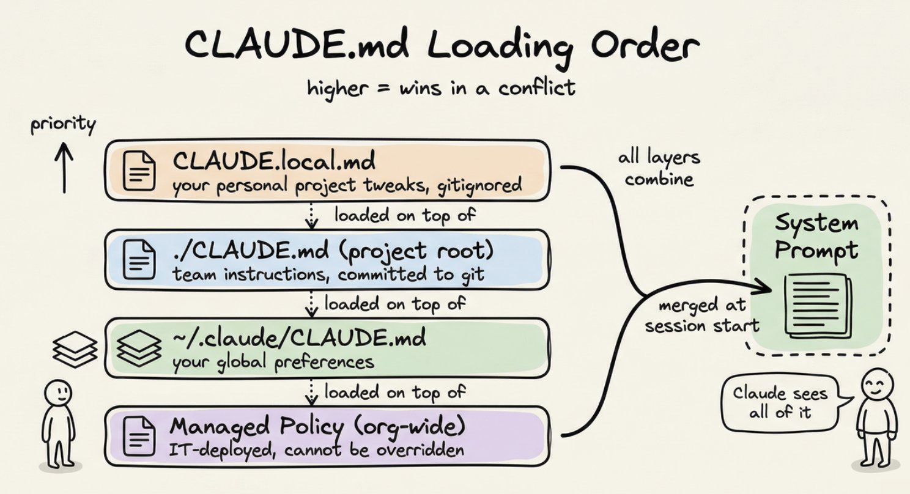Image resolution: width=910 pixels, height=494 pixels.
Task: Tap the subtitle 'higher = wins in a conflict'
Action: point(440,87)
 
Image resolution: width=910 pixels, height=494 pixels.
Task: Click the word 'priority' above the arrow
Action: point(63,125)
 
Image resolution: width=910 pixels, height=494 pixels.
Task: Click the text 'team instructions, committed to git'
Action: point(328,275)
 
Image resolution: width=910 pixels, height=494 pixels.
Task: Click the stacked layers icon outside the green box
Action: point(75,348)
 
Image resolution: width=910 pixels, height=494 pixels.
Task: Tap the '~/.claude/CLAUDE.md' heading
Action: point(299,338)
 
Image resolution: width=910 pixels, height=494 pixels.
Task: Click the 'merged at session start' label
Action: point(702,316)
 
